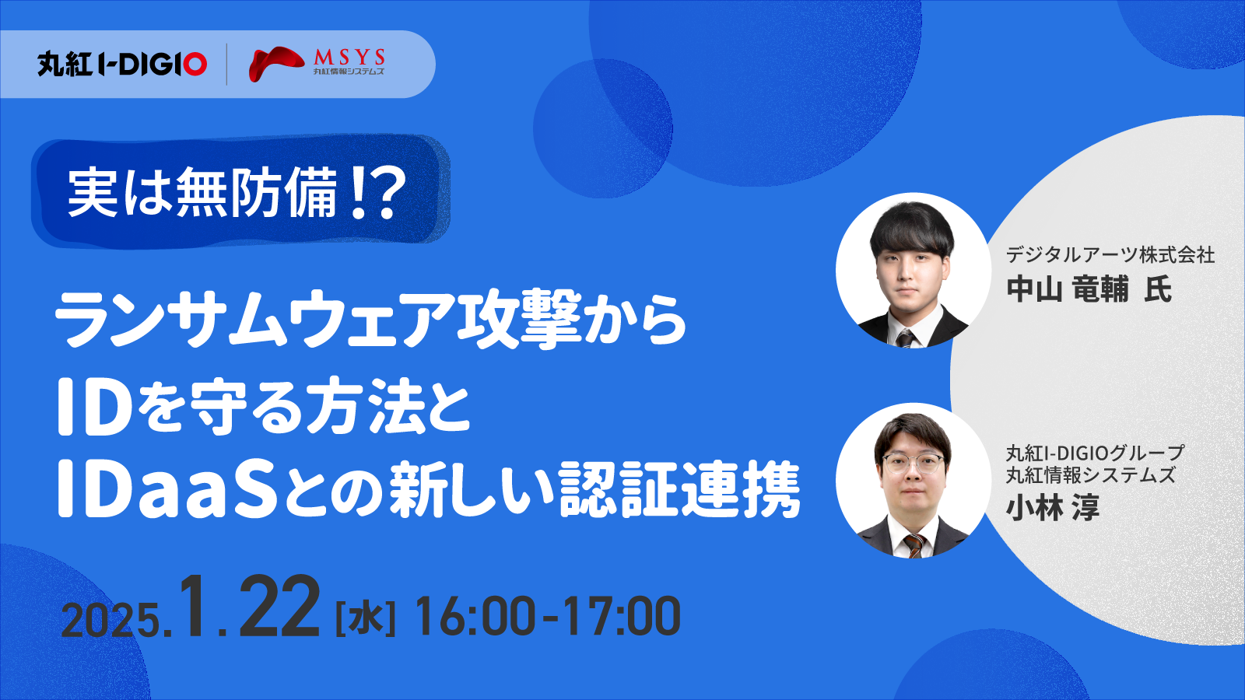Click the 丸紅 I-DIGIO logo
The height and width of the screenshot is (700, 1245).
coord(122,65)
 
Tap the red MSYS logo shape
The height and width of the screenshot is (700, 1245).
coord(276,63)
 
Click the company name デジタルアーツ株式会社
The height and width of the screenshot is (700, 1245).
coord(1110,255)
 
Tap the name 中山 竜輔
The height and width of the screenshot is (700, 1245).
coord(1068,289)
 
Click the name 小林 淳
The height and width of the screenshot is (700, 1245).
coord(1053,508)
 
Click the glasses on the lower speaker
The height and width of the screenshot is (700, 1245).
coord(913,462)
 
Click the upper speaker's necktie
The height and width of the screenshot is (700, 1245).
coord(904,338)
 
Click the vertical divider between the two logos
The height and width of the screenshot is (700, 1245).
coord(226,65)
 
